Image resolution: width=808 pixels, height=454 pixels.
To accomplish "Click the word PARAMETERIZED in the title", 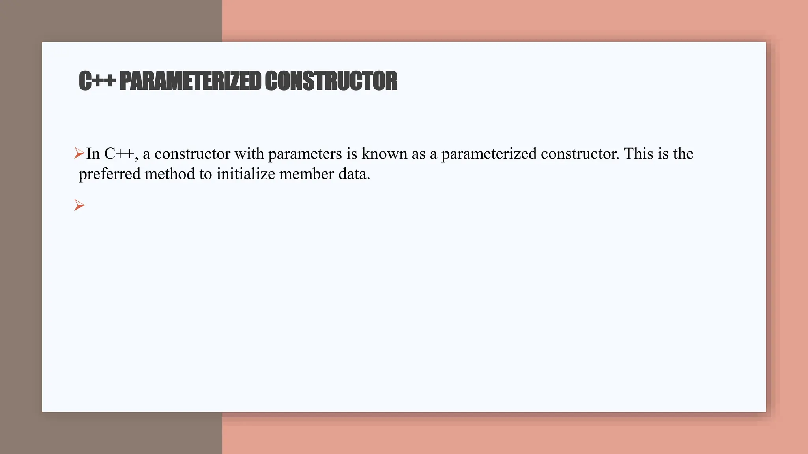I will pyautogui.click(x=190, y=81).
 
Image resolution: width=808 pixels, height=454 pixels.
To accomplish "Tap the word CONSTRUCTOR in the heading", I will pyautogui.click(x=331, y=81).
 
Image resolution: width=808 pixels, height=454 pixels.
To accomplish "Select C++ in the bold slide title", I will pyautogui.click(x=97, y=81).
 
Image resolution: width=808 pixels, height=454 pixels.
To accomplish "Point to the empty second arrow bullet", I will pyautogui.click(x=79, y=205).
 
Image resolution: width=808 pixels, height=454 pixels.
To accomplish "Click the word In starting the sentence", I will pyautogui.click(x=93, y=154).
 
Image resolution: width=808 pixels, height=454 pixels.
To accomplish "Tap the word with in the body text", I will pyautogui.click(x=249, y=154).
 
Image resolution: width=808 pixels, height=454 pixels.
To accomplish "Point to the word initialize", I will pyautogui.click(x=245, y=174).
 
